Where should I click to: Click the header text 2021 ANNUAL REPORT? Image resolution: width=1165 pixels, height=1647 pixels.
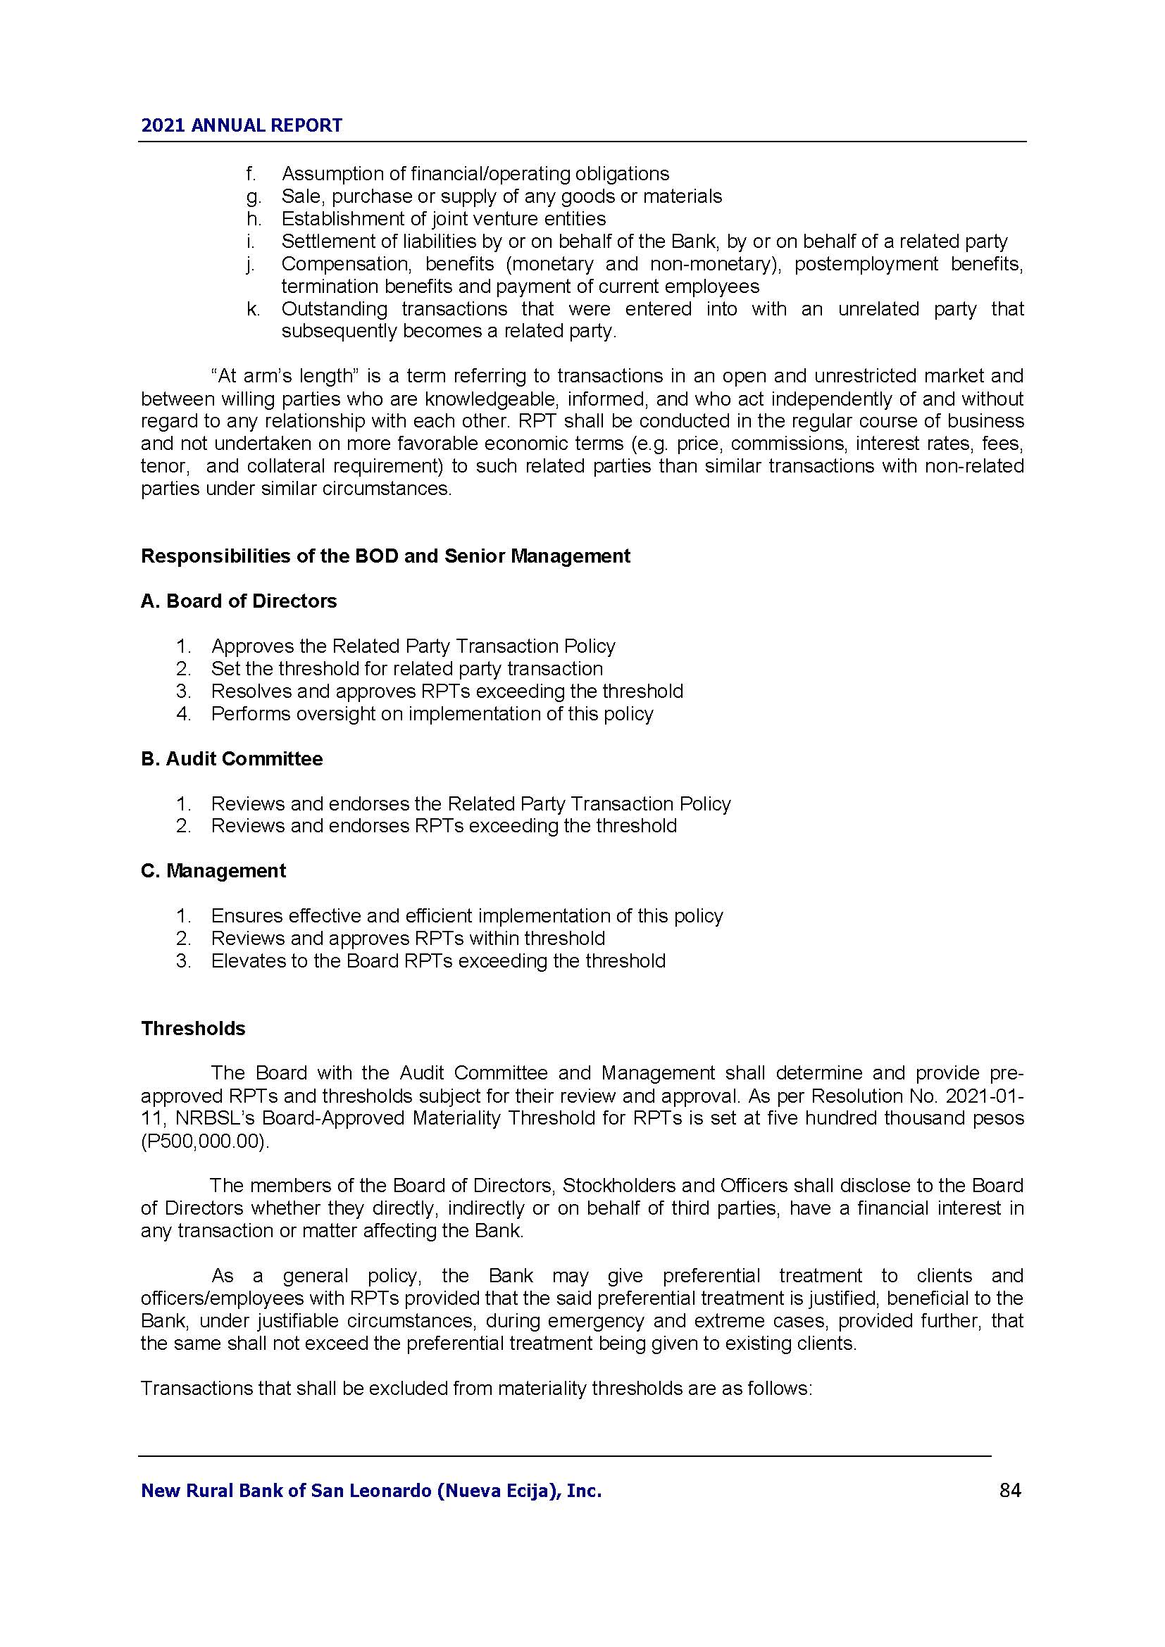coord(241,125)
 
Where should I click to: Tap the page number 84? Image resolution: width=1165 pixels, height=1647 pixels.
coord(1009,1490)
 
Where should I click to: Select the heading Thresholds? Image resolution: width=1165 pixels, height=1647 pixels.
coord(193,1028)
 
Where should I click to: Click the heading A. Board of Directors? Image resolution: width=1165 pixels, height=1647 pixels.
coord(238,601)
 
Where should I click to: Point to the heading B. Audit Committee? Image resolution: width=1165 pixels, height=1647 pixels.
coord(231,758)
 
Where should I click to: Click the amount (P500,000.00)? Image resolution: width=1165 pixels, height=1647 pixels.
coord(205,1141)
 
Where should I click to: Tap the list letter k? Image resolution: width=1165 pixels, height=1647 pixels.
coord(253,309)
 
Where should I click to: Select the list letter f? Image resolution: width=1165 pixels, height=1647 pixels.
coord(250,174)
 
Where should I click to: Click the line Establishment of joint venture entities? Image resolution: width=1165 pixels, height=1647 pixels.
coord(443,219)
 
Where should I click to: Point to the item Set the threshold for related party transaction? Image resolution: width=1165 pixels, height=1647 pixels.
coord(406,668)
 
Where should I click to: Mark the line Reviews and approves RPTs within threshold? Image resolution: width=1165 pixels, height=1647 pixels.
coord(407,937)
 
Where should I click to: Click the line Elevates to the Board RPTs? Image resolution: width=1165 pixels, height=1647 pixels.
coord(437,960)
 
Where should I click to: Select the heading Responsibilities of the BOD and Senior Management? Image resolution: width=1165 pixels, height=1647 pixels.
coord(385,556)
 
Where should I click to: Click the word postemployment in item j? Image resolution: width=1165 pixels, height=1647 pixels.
coord(866,264)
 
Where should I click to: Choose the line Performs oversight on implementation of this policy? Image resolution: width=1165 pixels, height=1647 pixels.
coord(432,714)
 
